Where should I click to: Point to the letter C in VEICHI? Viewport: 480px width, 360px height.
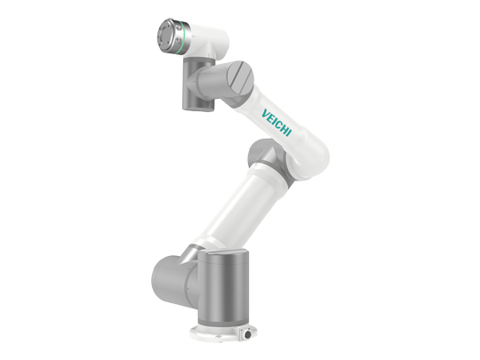pos(276,123)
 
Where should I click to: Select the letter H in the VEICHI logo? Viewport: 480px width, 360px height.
pos(282,128)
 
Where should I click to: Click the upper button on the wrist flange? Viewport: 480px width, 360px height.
pos(179,28)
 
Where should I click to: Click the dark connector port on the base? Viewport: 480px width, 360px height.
pos(247,334)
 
